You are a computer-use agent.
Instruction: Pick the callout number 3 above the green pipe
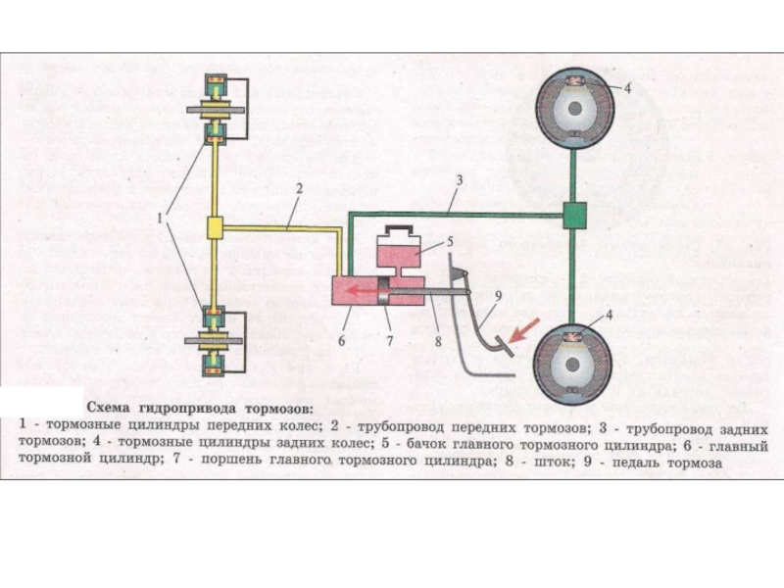(x=457, y=182)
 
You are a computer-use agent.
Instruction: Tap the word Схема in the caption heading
(x=113, y=407)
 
